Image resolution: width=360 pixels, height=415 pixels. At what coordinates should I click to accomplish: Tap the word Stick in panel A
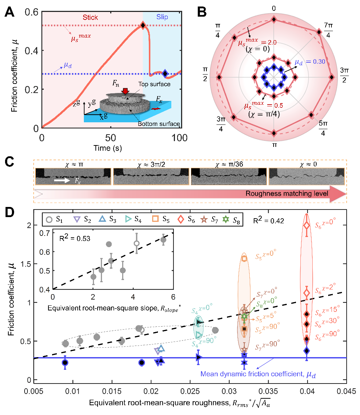90,17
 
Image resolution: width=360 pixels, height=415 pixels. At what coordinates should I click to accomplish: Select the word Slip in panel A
162,17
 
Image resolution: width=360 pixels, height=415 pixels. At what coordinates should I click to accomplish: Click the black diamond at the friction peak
143,25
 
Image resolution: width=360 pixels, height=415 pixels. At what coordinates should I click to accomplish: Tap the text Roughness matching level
287,194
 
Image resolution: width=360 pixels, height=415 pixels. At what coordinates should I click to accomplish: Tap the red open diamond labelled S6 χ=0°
307,225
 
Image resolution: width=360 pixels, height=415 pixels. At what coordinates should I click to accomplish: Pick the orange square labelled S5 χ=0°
244,258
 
